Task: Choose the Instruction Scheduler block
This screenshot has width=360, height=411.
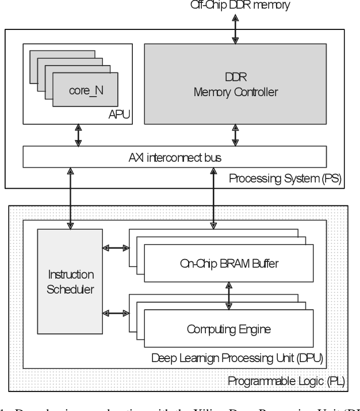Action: pos(70,282)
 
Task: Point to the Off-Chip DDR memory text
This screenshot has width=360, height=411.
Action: pos(236,6)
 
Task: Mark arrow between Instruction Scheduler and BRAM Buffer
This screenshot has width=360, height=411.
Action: pos(116,249)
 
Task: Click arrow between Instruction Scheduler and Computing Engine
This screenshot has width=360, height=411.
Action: pos(116,313)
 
